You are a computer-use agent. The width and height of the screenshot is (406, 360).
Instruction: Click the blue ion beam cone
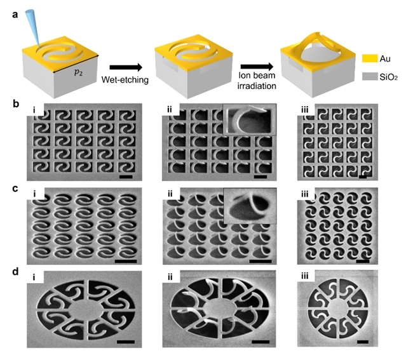coord(33,29)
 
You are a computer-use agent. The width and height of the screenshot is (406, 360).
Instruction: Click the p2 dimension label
coord(78,72)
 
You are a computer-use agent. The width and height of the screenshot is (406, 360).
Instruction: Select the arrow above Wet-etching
coord(126,67)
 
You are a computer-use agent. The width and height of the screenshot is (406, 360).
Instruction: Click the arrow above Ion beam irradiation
coord(257,67)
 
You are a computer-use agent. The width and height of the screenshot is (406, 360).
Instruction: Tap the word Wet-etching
coord(125,79)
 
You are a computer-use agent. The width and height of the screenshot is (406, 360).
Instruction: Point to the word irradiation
coord(257,86)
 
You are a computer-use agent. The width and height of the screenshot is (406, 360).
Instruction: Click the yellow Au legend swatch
coord(370,58)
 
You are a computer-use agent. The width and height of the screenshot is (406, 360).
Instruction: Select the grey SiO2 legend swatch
coord(370,76)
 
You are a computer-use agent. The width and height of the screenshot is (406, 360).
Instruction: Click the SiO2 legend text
coord(388,77)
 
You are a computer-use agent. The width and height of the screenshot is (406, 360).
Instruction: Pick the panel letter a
coord(15,15)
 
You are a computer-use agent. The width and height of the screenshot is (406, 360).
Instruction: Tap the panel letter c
coord(15,189)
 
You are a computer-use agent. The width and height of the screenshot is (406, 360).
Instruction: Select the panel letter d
coord(15,272)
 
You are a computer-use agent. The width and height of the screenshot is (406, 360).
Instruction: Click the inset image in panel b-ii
coord(250,119)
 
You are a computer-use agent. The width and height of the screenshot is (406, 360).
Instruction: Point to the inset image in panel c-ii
coord(250,206)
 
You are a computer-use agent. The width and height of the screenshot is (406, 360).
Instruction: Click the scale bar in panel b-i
coord(126,177)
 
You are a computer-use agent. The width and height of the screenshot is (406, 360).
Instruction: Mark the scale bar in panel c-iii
coord(363,261)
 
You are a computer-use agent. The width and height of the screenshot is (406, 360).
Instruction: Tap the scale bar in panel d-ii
coord(261,342)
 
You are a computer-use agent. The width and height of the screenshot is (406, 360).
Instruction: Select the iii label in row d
coord(305,276)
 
